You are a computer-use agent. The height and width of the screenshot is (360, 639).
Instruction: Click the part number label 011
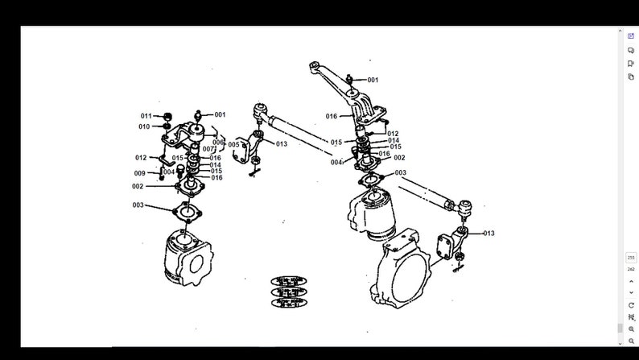coord(146,116)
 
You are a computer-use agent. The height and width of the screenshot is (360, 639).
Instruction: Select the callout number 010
coord(144,126)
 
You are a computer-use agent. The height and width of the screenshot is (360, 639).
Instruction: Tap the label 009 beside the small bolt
coord(140,173)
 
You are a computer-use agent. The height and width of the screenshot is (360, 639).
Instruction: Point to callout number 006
coord(218,142)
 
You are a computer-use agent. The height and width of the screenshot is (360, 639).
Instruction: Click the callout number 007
coord(208,149)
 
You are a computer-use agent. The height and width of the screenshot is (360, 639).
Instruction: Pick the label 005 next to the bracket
coord(233,145)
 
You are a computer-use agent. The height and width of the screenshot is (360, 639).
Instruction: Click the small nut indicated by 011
coord(167,116)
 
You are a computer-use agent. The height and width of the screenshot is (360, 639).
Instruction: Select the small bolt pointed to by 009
coord(161,176)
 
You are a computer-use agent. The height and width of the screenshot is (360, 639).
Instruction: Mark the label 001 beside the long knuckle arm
coord(373,80)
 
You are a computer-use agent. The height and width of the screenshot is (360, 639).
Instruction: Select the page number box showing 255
coord(631,257)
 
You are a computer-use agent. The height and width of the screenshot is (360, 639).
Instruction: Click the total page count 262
coord(631,269)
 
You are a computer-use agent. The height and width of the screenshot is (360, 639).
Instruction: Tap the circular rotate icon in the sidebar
coord(631,305)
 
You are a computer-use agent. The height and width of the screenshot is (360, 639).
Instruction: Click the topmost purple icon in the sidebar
coord(631,36)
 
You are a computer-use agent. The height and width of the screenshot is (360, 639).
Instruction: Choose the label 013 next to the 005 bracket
coord(281,144)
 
